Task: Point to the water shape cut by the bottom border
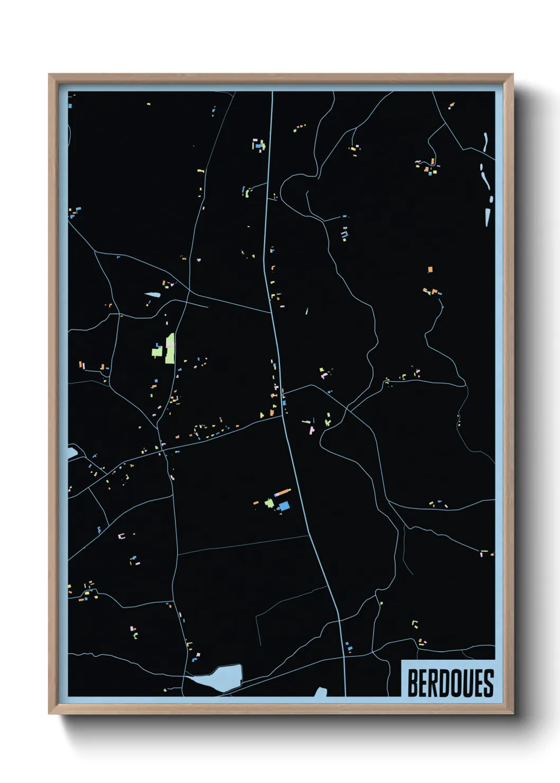tap(321, 691)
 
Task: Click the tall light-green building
tap(170, 349)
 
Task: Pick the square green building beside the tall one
tap(157, 351)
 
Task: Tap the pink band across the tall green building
tap(170, 344)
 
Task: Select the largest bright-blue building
tap(284, 506)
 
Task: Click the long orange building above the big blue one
tap(283, 493)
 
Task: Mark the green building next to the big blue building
tap(269, 503)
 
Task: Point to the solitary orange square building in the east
tap(430, 269)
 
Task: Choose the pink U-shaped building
tap(121, 536)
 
